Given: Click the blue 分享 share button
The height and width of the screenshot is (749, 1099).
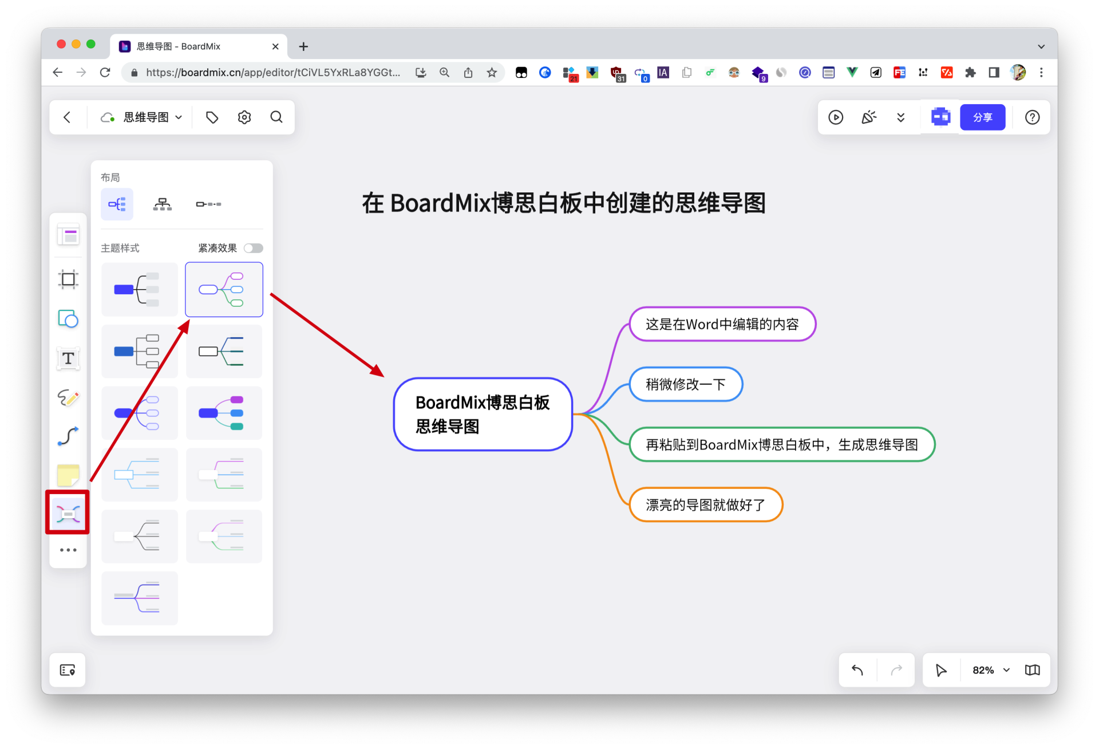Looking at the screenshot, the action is (x=982, y=117).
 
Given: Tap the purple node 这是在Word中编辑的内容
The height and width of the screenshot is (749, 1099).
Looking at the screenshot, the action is (x=722, y=324).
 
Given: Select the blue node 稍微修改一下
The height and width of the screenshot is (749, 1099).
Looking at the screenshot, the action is (x=686, y=384).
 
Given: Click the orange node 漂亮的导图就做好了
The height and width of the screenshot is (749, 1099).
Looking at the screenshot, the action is (x=706, y=504).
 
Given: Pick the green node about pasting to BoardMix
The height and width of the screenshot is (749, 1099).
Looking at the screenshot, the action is (x=782, y=444).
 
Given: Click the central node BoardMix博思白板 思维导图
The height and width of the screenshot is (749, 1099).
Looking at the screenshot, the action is (x=483, y=414).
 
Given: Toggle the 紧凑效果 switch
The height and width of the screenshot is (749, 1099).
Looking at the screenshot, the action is (x=254, y=248).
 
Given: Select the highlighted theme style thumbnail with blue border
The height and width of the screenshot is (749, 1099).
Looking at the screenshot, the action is (x=224, y=290).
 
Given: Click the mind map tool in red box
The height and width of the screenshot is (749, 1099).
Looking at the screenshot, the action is (x=68, y=513).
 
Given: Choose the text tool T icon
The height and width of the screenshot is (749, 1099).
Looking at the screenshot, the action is (x=68, y=358).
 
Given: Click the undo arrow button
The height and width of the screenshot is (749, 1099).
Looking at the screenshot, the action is (x=857, y=670).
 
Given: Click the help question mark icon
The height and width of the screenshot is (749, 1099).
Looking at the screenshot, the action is (x=1032, y=117).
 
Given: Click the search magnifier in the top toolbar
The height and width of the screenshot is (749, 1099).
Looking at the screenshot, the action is (x=276, y=117).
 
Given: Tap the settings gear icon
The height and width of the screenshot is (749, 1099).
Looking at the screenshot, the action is (x=244, y=117).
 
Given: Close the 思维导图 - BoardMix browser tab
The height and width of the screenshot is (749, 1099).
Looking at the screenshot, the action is (x=275, y=46).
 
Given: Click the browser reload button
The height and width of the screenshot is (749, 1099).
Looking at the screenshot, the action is (x=105, y=73).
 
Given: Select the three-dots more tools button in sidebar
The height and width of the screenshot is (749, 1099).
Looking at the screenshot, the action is (x=68, y=550).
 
